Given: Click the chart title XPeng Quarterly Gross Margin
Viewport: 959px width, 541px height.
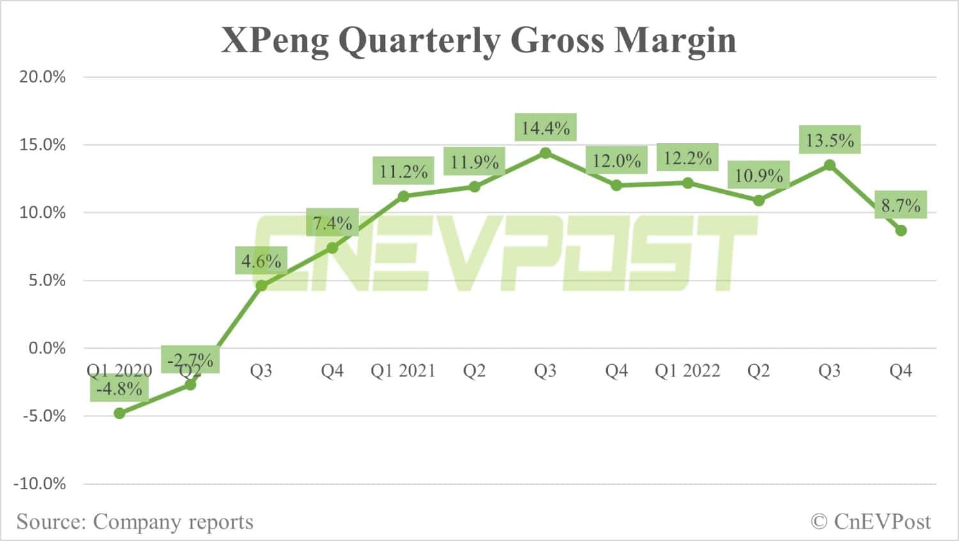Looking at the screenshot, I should coord(478,40).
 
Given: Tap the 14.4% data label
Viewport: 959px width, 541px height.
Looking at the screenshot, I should coord(545,128).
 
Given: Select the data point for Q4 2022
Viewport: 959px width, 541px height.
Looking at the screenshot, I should coord(901,231).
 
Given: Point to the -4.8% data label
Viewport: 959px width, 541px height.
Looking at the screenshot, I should coord(120,388).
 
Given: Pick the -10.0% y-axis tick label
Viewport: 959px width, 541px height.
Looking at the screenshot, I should coord(40,484).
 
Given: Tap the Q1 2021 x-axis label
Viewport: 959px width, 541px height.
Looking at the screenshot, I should coord(403,371).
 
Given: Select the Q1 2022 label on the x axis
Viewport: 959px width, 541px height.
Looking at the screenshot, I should coord(687,371).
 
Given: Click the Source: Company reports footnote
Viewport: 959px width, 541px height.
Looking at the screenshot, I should coord(135,522).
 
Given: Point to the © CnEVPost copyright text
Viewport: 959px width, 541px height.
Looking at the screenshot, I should coord(871,522).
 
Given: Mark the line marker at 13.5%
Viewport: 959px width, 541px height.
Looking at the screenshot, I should coord(829,165).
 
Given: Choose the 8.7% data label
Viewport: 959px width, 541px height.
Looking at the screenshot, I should coord(901,206).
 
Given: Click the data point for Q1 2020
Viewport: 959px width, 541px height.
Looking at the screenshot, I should coord(120,413).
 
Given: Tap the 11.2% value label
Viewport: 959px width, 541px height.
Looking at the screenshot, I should coord(403,171).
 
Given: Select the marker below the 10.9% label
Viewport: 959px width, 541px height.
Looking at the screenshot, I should coord(758,201).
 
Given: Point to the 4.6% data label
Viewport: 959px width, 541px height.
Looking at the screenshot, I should coord(261,261).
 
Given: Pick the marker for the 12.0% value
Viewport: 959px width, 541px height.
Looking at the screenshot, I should coord(616,185).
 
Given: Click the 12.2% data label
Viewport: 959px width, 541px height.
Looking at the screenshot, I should coord(687,158).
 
